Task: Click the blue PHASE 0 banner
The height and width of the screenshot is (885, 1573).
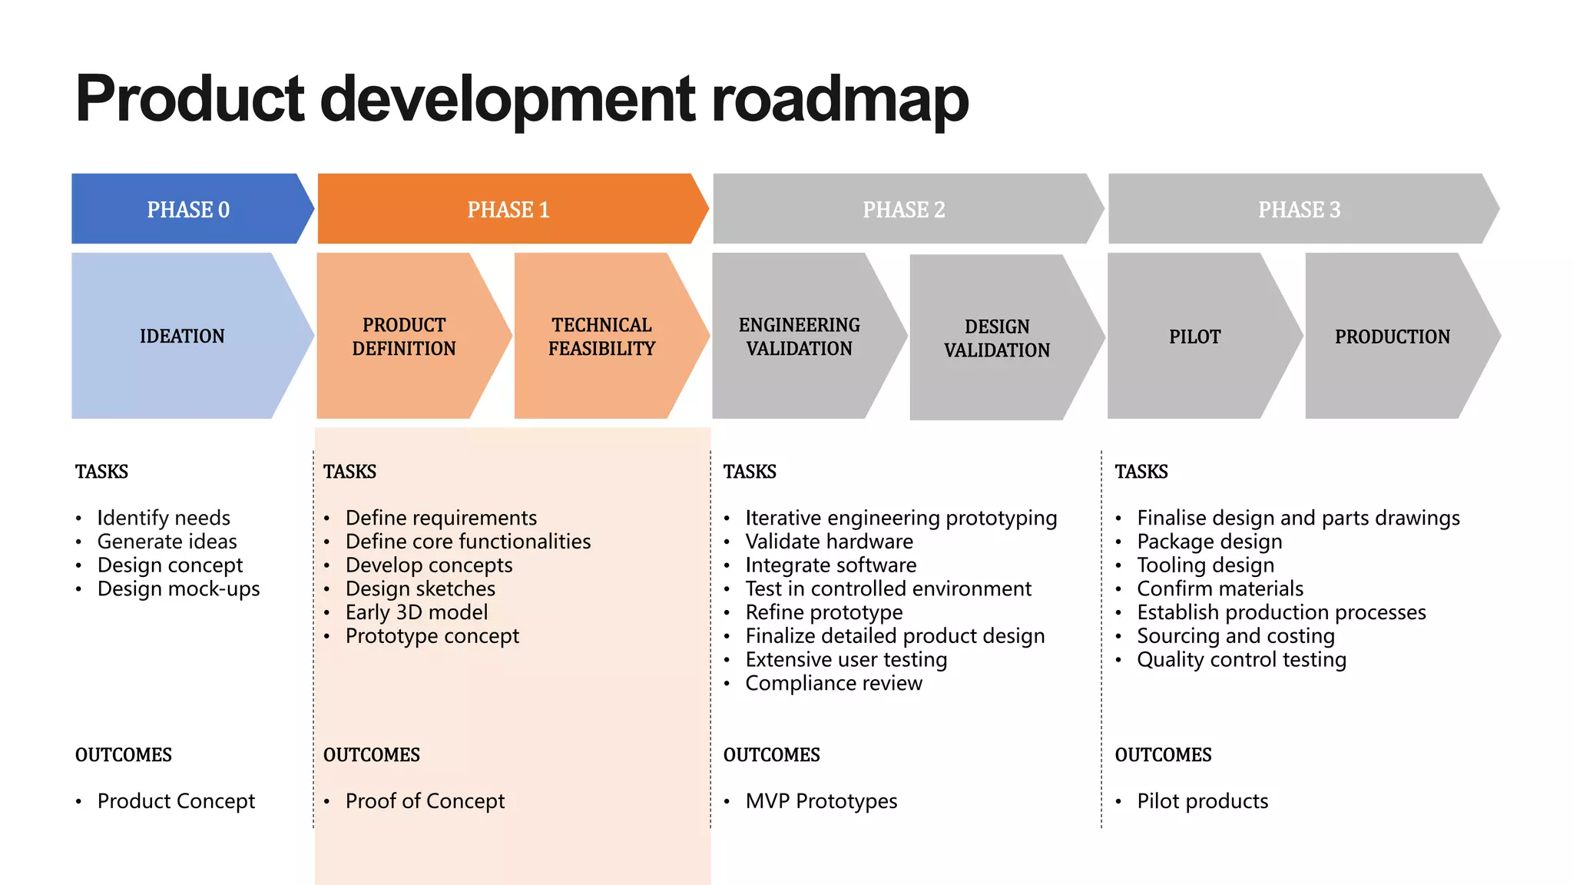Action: click(x=188, y=209)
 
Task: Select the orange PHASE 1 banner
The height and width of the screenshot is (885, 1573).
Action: click(x=508, y=209)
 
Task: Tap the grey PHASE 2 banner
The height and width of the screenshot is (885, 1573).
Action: click(x=904, y=209)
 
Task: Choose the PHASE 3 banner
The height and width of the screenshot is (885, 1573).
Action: click(x=1299, y=209)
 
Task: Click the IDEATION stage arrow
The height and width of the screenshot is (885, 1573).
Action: click(x=182, y=336)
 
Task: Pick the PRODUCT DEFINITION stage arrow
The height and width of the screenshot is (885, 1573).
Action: click(x=404, y=336)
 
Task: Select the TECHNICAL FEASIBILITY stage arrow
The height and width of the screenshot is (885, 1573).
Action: click(x=601, y=336)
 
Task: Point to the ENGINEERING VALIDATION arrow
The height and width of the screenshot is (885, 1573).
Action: click(x=799, y=336)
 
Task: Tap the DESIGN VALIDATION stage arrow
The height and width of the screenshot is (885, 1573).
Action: click(x=996, y=338)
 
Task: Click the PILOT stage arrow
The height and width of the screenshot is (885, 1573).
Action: click(x=1194, y=336)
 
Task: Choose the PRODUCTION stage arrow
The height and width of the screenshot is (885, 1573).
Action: click(x=1392, y=336)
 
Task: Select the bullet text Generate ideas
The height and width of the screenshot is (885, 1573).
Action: click(x=167, y=542)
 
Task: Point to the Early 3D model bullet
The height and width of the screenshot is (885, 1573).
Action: click(x=416, y=612)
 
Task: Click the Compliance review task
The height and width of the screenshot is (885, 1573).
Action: click(x=833, y=683)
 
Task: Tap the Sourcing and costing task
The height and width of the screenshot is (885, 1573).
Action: click(x=1235, y=636)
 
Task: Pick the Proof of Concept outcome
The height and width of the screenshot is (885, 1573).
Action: click(x=425, y=800)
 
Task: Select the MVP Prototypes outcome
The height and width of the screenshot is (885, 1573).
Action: click(x=821, y=800)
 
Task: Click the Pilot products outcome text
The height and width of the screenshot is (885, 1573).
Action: click(x=1202, y=800)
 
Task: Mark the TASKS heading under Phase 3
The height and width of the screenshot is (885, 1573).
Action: click(x=1141, y=472)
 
